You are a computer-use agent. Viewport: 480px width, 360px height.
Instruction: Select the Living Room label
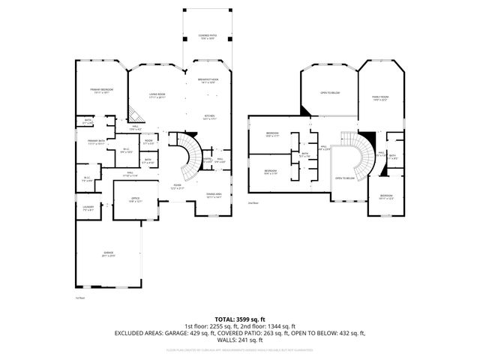tap(156, 96)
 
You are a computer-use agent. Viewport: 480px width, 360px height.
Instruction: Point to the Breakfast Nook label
tap(208, 80)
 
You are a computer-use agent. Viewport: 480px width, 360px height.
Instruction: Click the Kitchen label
tap(210, 117)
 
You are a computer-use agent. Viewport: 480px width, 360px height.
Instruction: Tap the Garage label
tap(108, 255)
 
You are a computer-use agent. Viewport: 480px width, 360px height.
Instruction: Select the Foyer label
tap(178, 187)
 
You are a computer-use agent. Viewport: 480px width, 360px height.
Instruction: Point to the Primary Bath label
tap(96, 142)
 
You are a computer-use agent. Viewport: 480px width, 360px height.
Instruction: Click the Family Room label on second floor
tap(380, 97)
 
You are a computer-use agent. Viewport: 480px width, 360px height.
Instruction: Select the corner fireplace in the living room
tap(134, 114)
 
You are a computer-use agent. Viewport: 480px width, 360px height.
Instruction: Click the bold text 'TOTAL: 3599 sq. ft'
tap(239, 319)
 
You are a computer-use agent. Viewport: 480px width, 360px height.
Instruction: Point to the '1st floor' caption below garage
tap(79, 298)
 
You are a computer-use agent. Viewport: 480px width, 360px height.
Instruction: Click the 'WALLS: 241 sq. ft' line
tap(239, 339)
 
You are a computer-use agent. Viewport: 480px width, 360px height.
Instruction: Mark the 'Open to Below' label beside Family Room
tap(330, 93)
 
